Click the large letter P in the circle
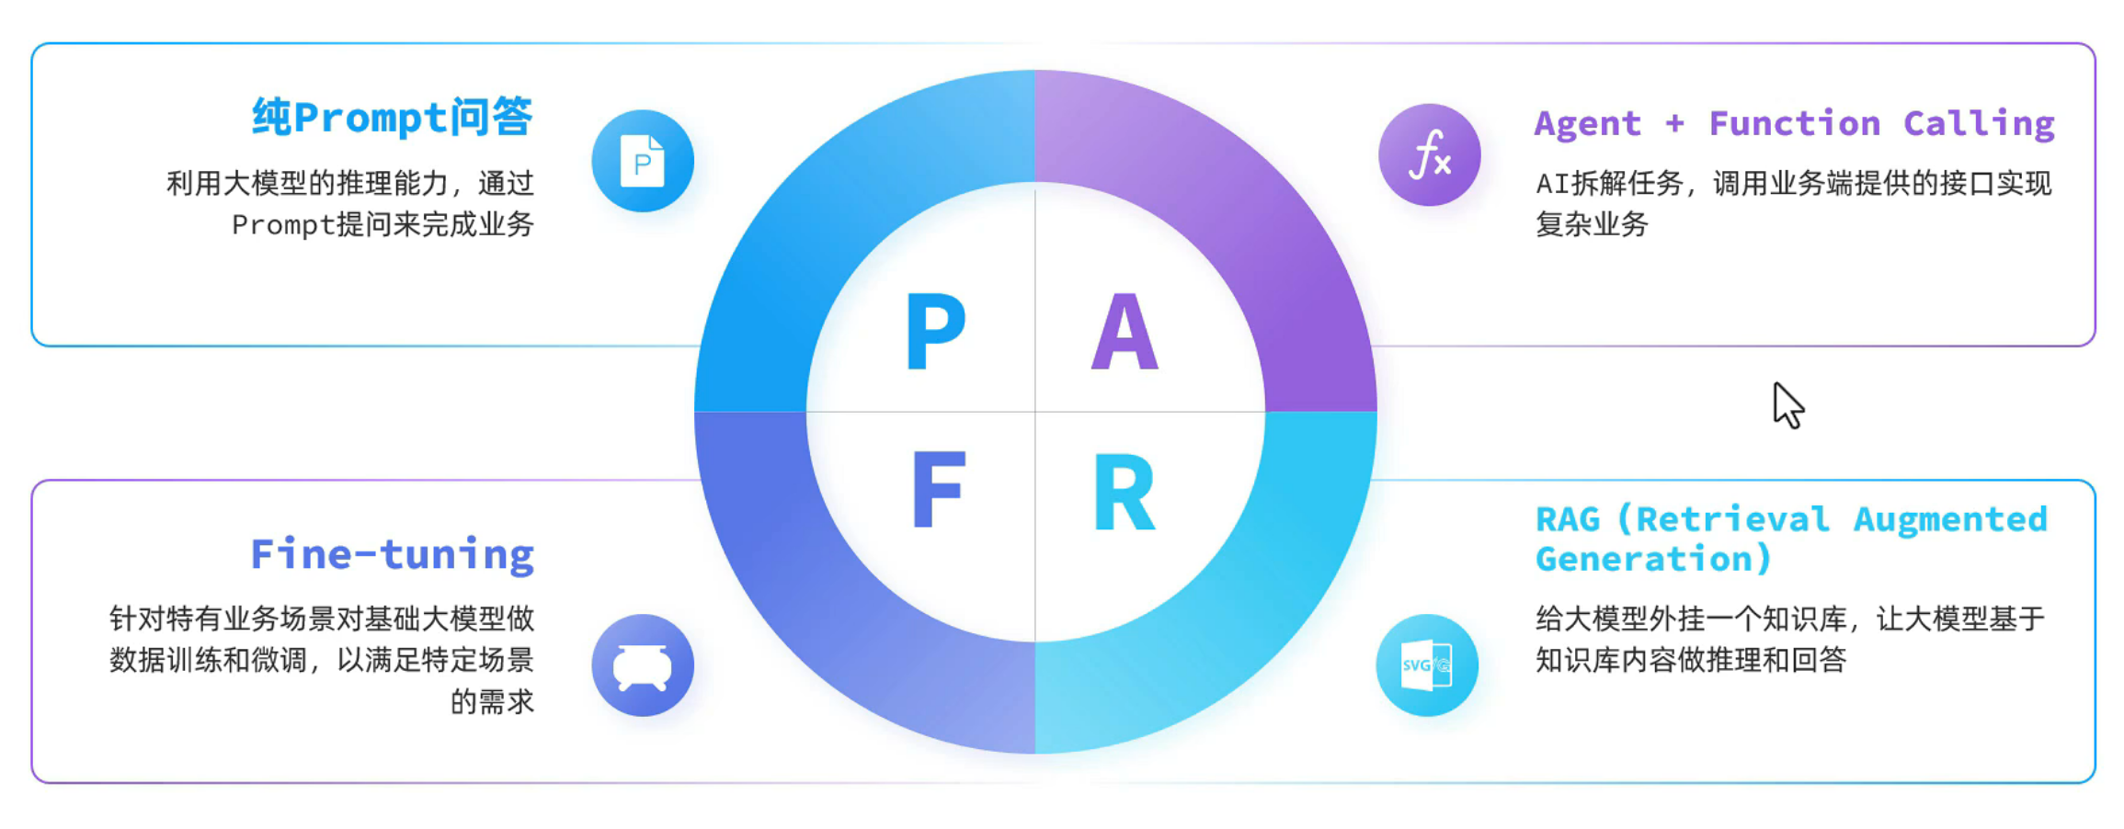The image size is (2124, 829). tap(935, 331)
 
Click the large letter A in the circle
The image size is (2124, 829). tap(1125, 331)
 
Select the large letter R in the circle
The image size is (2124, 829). tap(1124, 492)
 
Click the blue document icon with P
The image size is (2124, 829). tap(643, 161)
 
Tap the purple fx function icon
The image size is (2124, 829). tap(1430, 154)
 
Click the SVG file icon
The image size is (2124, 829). tap(1427, 664)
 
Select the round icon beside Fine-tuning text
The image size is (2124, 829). tap(643, 664)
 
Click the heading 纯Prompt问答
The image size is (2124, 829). tap(393, 118)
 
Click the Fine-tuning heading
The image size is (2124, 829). tap(393, 555)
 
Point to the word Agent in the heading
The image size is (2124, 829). tap(1588, 123)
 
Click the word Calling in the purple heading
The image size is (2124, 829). tap(1979, 123)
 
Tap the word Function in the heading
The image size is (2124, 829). tap(1795, 122)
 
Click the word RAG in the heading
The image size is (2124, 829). tap(1568, 519)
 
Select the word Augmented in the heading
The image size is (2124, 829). tap(1950, 520)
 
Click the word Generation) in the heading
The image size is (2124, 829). tap(1653, 559)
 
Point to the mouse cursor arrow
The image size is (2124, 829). tap(1788, 405)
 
